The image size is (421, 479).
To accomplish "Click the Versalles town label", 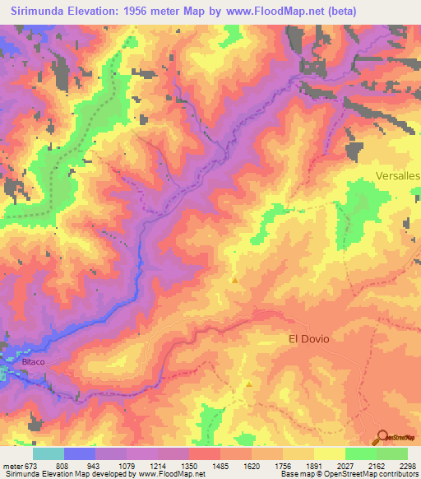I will [397, 176].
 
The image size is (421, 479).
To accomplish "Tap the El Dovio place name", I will [308, 338].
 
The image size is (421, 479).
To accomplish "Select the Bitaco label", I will [23, 361].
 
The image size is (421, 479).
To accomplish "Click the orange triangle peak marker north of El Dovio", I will [235, 281].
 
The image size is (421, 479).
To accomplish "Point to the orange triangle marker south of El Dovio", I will [248, 383].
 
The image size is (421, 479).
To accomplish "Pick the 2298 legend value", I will [407, 465].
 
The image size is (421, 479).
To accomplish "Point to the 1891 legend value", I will [313, 465].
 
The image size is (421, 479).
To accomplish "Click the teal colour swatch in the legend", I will [49, 453].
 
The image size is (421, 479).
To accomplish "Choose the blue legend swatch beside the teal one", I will [80, 453].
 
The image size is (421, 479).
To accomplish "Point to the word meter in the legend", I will [14, 465].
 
